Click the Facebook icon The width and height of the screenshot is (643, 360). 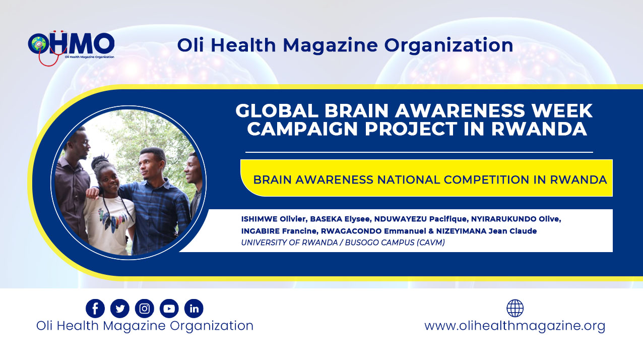pos(95,309)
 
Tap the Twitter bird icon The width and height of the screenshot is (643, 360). pos(120,309)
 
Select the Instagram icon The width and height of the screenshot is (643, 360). pos(145,309)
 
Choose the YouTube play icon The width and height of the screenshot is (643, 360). pos(169,309)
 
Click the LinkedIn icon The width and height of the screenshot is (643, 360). pos(194,309)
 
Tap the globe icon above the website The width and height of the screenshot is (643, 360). pos(515,308)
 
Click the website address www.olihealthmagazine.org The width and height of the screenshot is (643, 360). pos(515,326)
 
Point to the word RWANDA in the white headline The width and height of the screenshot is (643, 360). pos(539,129)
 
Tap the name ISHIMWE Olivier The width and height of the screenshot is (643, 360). pos(274,219)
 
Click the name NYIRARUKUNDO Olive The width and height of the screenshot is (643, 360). pos(516,219)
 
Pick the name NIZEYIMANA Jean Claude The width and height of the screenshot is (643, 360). pos(487,231)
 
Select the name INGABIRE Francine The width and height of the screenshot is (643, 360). pos(279,231)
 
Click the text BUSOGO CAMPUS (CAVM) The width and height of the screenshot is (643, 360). pos(395,243)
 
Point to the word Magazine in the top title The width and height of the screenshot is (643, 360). pos(330,45)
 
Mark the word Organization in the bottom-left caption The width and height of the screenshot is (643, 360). pos(212,326)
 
